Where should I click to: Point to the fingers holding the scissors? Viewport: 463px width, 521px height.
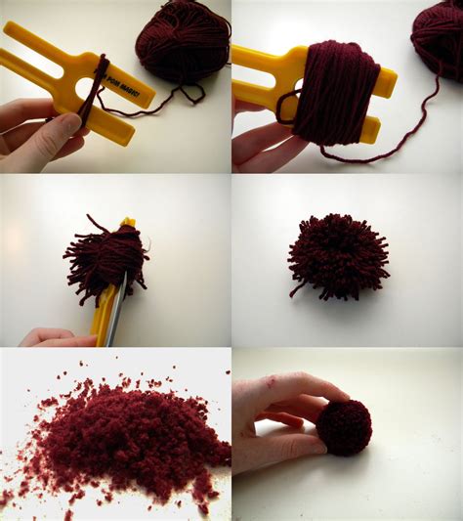pos(54,337)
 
